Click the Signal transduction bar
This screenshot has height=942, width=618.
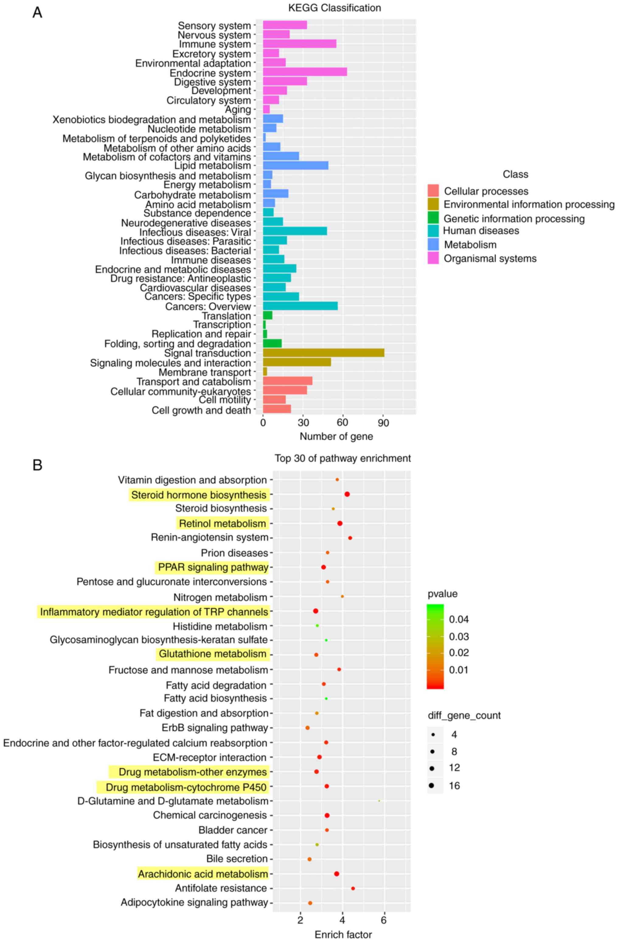tap(323, 353)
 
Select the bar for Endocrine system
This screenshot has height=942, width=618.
tap(305, 72)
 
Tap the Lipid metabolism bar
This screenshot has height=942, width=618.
tap(295, 165)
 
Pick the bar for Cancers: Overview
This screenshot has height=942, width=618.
tap(300, 306)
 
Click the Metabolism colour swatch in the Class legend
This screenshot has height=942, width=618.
tap(433, 245)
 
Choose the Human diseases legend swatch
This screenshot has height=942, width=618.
tap(433, 231)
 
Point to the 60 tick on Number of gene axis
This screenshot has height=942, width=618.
tap(343, 423)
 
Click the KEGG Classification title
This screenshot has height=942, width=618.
tap(334, 8)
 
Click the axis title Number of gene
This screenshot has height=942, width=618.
tap(336, 436)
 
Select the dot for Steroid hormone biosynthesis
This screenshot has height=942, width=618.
tap(347, 494)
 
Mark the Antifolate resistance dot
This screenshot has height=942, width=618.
tap(353, 888)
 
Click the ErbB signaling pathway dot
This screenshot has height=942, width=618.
tap(307, 728)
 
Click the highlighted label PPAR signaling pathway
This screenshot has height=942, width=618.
tap(213, 568)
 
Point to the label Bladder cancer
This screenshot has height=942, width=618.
tap(233, 830)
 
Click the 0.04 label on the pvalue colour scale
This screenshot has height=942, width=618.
tap(459, 619)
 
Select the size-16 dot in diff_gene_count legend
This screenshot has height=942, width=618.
tap(432, 785)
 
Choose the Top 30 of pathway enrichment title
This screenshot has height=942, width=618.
tap(343, 458)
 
